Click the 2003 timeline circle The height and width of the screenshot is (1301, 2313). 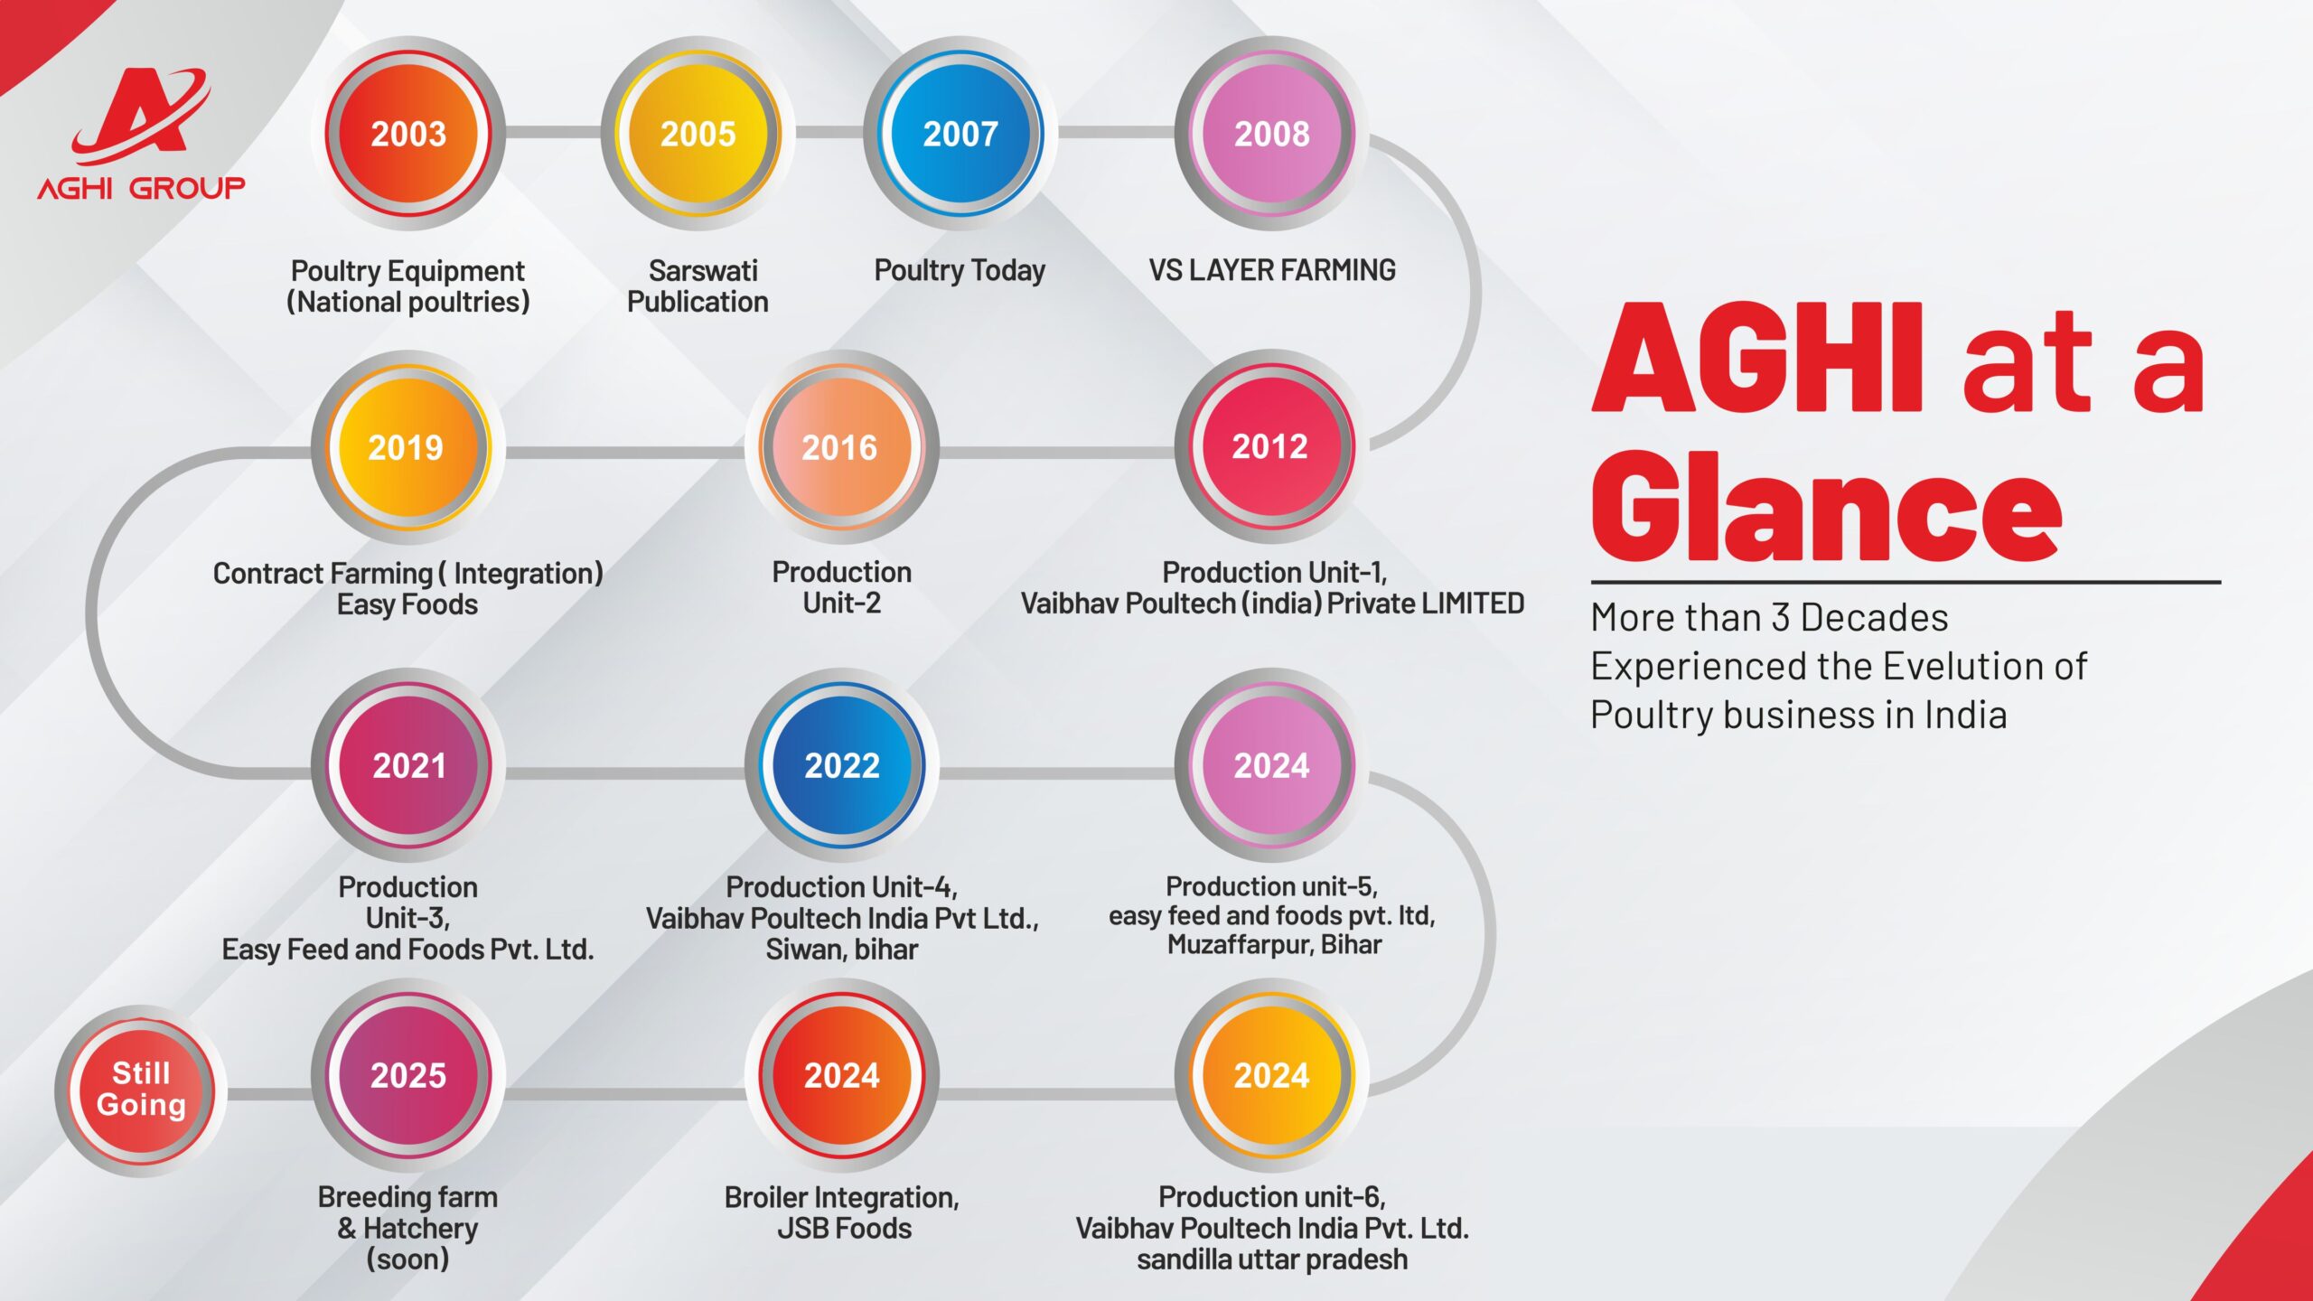408,133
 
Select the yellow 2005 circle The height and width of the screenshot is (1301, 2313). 698,133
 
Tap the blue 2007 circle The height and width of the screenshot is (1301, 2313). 960,133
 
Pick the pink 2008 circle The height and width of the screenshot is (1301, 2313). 1271,133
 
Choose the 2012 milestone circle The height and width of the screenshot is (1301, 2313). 1271,446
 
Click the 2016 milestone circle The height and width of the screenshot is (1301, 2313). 841,446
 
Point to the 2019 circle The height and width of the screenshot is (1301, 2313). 407,446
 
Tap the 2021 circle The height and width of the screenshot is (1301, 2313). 408,765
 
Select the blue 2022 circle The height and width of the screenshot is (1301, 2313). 841,765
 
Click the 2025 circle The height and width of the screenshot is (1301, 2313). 408,1075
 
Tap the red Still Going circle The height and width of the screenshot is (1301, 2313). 141,1090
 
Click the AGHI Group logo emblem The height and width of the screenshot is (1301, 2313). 142,117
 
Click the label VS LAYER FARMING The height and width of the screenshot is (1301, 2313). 1272,270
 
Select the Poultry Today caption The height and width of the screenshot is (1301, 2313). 960,270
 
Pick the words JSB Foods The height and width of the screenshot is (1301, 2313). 845,1228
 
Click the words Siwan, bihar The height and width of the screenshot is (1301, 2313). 842,950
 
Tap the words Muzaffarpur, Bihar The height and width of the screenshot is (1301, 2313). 1274,945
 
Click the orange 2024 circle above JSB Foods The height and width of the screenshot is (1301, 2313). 841,1075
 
